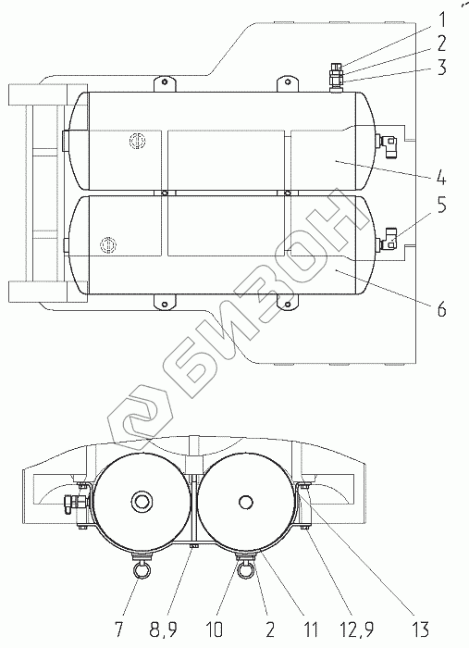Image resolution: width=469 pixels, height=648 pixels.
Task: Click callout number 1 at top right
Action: point(442,19)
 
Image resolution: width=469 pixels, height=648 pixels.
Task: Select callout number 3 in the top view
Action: point(442,68)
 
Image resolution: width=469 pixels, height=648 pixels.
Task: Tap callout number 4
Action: point(441,178)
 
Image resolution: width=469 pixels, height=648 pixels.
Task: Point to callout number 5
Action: point(442,205)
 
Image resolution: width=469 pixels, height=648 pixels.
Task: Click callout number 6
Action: point(442,308)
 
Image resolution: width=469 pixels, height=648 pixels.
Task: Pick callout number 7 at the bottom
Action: point(119,629)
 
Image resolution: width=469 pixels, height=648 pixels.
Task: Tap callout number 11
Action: point(310,629)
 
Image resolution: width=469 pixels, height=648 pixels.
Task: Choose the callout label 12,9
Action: point(356,629)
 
